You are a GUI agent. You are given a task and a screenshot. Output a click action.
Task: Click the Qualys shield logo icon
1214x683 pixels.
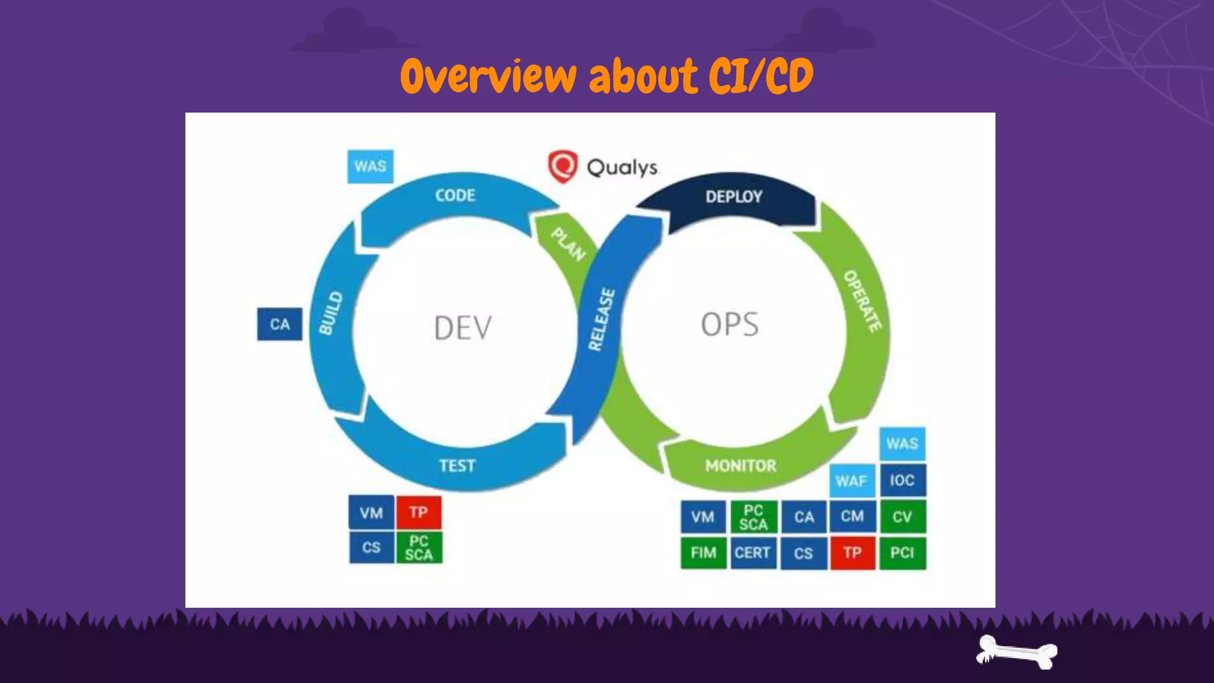pyautogui.click(x=562, y=166)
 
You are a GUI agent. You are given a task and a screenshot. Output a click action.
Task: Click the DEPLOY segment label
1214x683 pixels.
pyautogui.click(x=733, y=197)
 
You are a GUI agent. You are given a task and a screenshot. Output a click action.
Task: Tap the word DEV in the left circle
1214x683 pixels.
pyautogui.click(x=463, y=328)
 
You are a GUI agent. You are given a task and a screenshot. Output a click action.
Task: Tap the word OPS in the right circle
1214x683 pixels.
pyautogui.click(x=730, y=324)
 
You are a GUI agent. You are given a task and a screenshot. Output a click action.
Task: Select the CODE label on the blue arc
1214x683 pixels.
pyautogui.click(x=455, y=196)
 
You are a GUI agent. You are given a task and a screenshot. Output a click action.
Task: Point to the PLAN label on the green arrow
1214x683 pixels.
pyautogui.click(x=568, y=244)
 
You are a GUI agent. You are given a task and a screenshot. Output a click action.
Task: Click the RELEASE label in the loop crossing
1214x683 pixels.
pyautogui.click(x=601, y=320)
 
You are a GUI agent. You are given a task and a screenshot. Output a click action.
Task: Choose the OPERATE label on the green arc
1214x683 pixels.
pyautogui.click(x=862, y=301)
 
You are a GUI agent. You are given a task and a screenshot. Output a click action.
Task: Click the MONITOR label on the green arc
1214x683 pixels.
pyautogui.click(x=740, y=466)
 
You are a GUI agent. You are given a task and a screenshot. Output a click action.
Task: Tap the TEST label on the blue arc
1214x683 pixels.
pyautogui.click(x=457, y=466)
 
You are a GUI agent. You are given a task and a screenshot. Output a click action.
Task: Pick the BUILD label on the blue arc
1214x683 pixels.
pyautogui.click(x=331, y=313)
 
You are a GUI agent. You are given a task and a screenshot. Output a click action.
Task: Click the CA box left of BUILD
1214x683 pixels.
pyautogui.click(x=280, y=324)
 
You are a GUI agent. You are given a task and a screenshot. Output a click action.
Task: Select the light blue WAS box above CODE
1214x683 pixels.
pyautogui.click(x=370, y=167)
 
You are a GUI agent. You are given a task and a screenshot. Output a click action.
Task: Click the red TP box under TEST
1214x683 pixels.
pyautogui.click(x=418, y=512)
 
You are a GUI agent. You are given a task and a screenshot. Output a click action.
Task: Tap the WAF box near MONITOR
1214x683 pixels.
pyautogui.click(x=852, y=481)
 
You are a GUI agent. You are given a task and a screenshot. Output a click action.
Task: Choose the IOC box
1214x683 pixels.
pyautogui.click(x=902, y=480)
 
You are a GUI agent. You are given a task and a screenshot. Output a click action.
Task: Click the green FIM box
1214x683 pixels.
pyautogui.click(x=704, y=553)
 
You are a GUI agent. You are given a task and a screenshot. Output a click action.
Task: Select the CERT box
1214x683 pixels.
pyautogui.click(x=753, y=553)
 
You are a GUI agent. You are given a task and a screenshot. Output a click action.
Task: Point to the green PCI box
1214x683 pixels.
pyautogui.click(x=902, y=553)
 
